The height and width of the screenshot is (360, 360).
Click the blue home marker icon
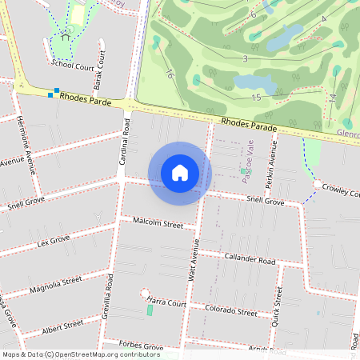point(180,173)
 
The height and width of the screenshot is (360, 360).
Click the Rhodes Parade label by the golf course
point(249,125)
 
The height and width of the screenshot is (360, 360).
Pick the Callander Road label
point(250,260)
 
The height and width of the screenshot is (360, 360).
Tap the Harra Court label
point(166,303)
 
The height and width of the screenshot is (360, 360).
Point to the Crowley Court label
point(340,192)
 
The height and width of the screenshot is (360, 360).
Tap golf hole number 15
point(256,98)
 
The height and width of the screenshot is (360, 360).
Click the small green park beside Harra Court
point(150,310)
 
